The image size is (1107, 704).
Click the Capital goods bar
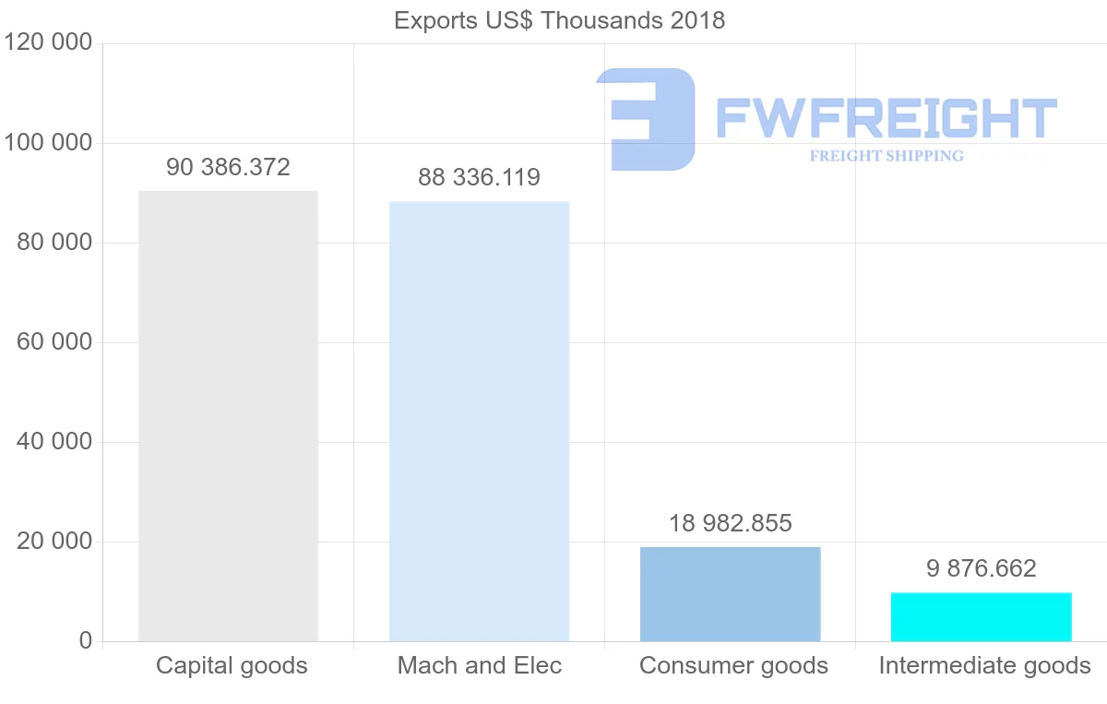(228, 415)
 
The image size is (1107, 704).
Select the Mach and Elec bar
(479, 421)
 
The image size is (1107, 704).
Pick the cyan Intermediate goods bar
(981, 616)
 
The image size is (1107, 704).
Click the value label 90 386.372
(228, 168)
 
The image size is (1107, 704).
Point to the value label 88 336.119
(479, 177)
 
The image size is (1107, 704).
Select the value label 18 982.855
(730, 524)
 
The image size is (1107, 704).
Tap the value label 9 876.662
(981, 568)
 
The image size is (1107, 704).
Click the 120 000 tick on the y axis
(48, 43)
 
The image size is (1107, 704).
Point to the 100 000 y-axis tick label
(48, 143)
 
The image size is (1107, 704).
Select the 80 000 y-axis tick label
(54, 243)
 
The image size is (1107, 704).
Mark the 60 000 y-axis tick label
(54, 342)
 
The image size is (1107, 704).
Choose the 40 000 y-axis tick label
(54, 442)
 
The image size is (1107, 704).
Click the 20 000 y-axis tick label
(54, 542)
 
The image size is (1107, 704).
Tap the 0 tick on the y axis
(85, 641)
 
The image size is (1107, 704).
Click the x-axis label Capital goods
(232, 666)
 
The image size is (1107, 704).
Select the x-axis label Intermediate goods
(984, 666)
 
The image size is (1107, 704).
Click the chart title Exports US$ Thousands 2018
(559, 20)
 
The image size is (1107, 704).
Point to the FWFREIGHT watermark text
(886, 118)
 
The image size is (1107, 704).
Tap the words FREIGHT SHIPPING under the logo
(886, 156)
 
